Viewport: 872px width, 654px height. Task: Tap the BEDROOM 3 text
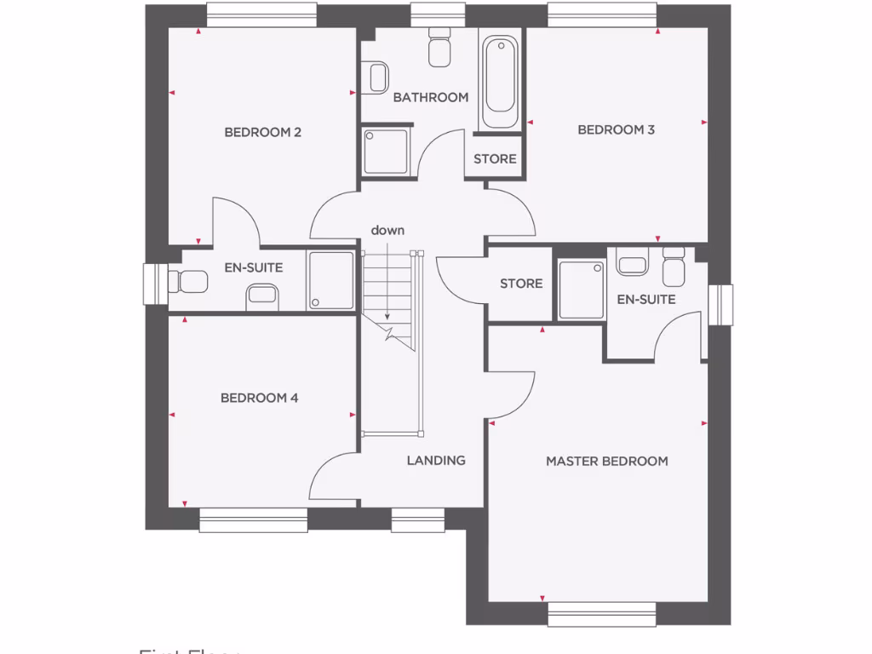616,130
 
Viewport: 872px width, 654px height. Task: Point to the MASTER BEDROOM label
606,461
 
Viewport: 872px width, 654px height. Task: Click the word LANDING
436,460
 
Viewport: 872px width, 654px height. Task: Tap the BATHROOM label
430,97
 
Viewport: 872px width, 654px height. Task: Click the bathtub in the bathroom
499,83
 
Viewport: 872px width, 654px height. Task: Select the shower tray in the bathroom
387,152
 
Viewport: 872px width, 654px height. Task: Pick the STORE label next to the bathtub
495,159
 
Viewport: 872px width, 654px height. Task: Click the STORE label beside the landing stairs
521,283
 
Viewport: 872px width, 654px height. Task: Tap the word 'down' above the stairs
387,230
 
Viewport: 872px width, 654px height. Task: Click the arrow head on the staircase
387,317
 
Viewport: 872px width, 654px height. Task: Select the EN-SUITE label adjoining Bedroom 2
253,267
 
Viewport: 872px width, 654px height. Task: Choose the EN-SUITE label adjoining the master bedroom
646,299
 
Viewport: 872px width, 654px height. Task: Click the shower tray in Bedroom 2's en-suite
330,280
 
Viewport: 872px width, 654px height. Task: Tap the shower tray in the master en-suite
582,290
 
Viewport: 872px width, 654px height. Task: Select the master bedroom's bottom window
601,614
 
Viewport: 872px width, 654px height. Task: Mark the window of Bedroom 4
253,520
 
